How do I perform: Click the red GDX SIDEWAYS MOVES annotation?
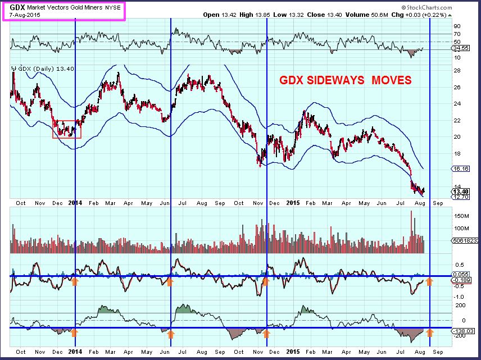click(345, 81)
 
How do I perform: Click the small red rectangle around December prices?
click(67, 129)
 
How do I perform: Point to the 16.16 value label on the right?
click(461, 168)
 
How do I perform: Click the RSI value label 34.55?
click(461, 49)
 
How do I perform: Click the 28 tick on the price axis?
click(457, 70)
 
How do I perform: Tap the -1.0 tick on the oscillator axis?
click(458, 297)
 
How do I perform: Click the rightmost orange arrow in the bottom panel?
click(430, 333)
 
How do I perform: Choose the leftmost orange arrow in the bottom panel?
click(74, 333)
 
